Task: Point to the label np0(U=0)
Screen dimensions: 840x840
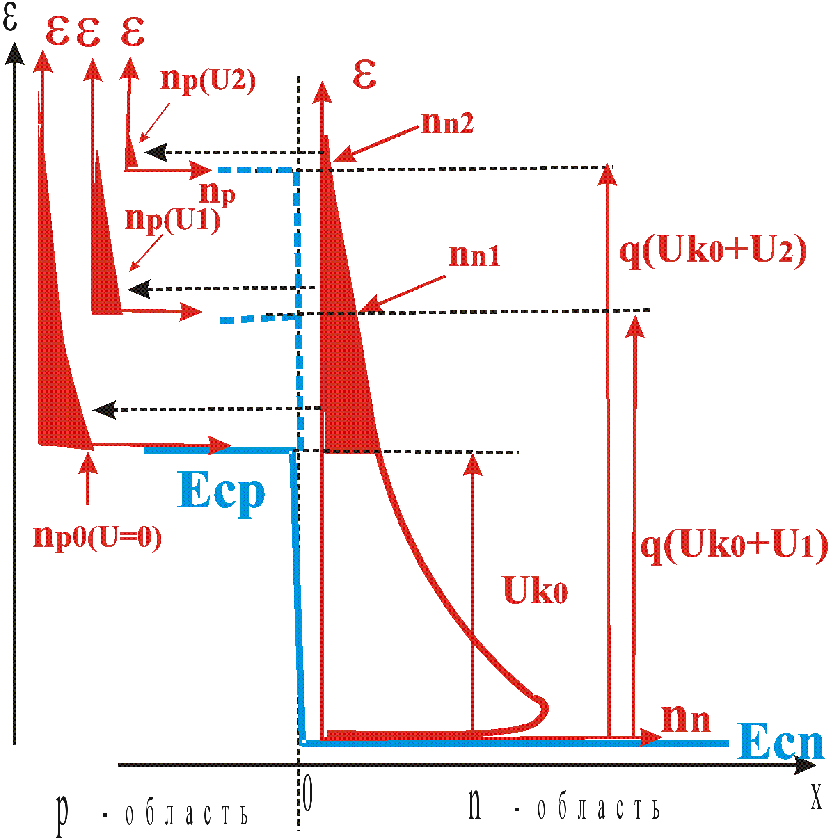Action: (98, 538)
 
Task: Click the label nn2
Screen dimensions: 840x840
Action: (447, 123)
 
